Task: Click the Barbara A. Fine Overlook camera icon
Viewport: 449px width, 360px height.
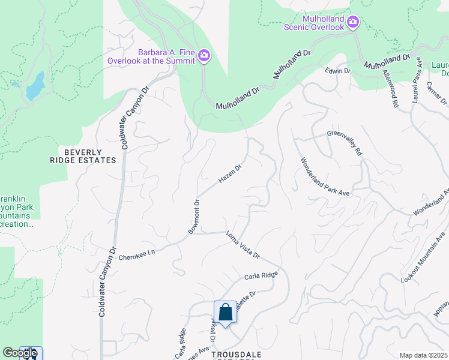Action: click(x=204, y=56)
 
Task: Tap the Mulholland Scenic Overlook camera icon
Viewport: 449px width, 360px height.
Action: click(x=353, y=23)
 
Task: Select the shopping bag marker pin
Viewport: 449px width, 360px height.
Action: click(x=225, y=313)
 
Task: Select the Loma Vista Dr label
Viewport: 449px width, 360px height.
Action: click(x=243, y=245)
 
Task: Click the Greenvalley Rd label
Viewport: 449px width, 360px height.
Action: click(x=345, y=144)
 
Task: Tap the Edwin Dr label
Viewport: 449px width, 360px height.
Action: click(x=337, y=71)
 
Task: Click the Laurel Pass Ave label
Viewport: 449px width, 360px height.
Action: click(x=417, y=84)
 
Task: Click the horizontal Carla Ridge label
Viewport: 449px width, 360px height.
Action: click(x=261, y=276)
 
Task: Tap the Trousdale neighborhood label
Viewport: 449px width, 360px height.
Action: click(x=237, y=355)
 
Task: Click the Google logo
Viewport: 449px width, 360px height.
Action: click(x=20, y=353)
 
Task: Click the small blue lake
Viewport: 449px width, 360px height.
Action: click(x=35, y=86)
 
